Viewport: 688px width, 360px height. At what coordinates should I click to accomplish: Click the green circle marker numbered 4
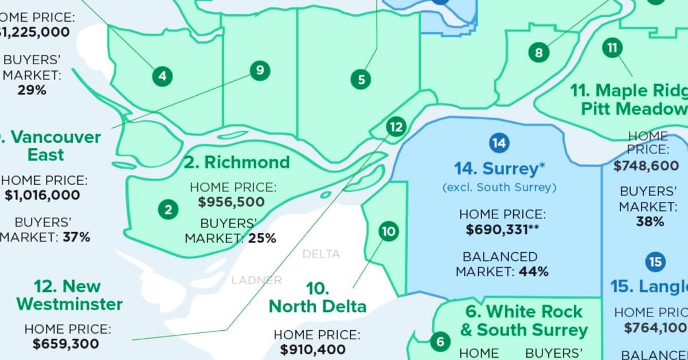[x=163, y=76]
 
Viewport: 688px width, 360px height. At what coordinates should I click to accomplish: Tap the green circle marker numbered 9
[x=260, y=71]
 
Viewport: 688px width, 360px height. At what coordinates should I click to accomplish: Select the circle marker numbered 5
[x=361, y=79]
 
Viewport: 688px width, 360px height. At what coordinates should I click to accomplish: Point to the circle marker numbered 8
[x=538, y=53]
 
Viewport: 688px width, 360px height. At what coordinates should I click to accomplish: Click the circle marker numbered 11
[x=612, y=48]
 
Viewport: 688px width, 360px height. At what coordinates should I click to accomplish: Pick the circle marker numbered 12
[x=396, y=127]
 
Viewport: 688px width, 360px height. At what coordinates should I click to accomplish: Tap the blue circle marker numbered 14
[x=499, y=143]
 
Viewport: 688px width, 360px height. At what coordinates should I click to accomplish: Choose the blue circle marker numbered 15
[x=655, y=262]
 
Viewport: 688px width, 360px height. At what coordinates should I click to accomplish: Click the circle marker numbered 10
[x=388, y=232]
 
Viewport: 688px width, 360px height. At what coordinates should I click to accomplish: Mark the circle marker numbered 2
[x=168, y=210]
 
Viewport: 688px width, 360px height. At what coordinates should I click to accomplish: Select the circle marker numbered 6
[x=440, y=342]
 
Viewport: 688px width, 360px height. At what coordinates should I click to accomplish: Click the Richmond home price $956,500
[x=232, y=202]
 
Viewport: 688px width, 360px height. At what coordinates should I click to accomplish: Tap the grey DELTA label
[x=321, y=254]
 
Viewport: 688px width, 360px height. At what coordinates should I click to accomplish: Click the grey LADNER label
[x=256, y=280]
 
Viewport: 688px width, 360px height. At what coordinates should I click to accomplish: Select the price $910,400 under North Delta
[x=313, y=349]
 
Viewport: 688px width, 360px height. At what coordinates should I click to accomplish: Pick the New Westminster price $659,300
[x=65, y=344]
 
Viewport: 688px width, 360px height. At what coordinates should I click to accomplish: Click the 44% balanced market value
[x=533, y=271]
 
